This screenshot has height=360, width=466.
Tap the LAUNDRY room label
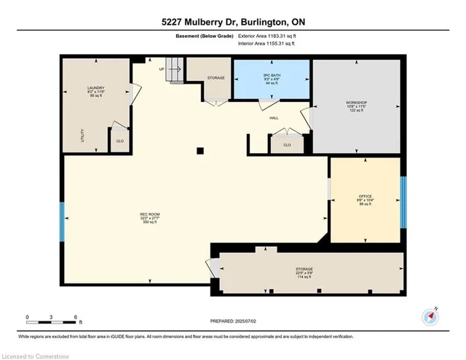click(87, 89)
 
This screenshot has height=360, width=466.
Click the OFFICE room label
click(365, 197)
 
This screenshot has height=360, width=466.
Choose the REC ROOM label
click(149, 214)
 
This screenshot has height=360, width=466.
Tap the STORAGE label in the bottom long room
click(304, 269)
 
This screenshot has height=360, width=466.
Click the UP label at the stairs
click(161, 69)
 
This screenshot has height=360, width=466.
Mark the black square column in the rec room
click(199, 152)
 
